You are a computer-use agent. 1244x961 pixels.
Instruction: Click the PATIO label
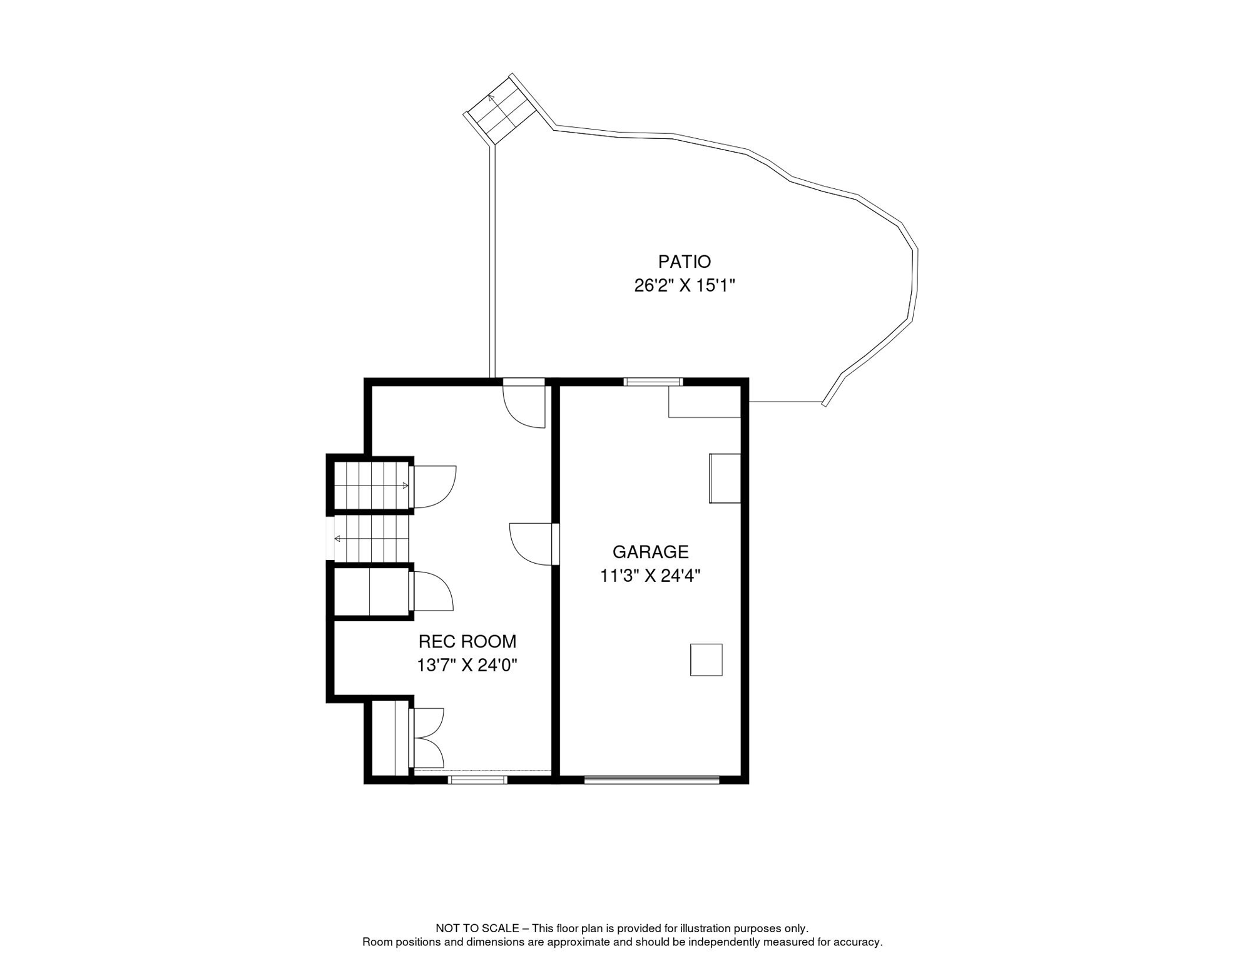pyautogui.click(x=684, y=262)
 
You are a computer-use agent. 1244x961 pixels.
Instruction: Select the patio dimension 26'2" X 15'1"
pyautogui.click(x=684, y=285)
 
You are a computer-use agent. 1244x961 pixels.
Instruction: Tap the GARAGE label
pyautogui.click(x=650, y=552)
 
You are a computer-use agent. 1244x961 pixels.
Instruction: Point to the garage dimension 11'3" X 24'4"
pyautogui.click(x=650, y=576)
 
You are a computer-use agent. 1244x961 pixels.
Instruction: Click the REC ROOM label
pyautogui.click(x=467, y=641)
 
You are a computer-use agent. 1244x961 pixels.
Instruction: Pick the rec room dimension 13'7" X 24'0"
pyautogui.click(x=467, y=665)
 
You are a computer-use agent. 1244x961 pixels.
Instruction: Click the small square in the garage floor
pyautogui.click(x=706, y=659)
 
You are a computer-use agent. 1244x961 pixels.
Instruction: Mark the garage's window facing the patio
pyautogui.click(x=653, y=382)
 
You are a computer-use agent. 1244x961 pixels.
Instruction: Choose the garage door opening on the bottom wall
pyautogui.click(x=651, y=780)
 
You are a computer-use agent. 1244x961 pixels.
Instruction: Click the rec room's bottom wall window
pyautogui.click(x=478, y=780)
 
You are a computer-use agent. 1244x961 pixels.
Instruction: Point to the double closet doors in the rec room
pyautogui.click(x=427, y=738)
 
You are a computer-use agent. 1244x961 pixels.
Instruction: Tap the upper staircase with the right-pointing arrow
pyautogui.click(x=372, y=486)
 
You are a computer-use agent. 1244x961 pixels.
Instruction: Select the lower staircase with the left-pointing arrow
pyautogui.click(x=371, y=539)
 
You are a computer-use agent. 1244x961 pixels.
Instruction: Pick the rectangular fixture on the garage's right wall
pyautogui.click(x=725, y=478)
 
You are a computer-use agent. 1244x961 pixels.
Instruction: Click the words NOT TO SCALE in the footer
pyautogui.click(x=477, y=928)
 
